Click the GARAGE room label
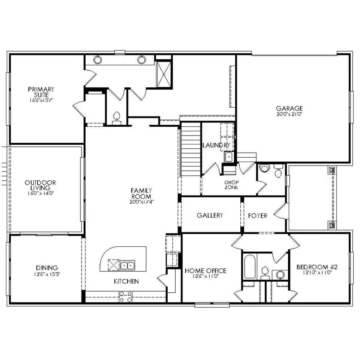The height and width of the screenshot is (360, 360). click(289, 108)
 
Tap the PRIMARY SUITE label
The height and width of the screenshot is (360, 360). click(41, 92)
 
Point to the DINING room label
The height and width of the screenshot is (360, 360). click(46, 268)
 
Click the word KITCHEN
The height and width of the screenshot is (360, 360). click(126, 281)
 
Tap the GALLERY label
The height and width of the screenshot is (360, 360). click(210, 215)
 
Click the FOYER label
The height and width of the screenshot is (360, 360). click(258, 215)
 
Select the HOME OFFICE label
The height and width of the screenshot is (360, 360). click(205, 271)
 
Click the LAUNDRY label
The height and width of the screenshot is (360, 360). click(216, 145)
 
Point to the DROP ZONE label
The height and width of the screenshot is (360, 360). click(231, 184)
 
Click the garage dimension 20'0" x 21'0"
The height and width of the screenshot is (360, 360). click(289, 114)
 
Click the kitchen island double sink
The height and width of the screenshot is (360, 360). click(128, 264)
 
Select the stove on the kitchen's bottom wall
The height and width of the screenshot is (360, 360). click(126, 296)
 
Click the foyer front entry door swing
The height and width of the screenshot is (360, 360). click(280, 212)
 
